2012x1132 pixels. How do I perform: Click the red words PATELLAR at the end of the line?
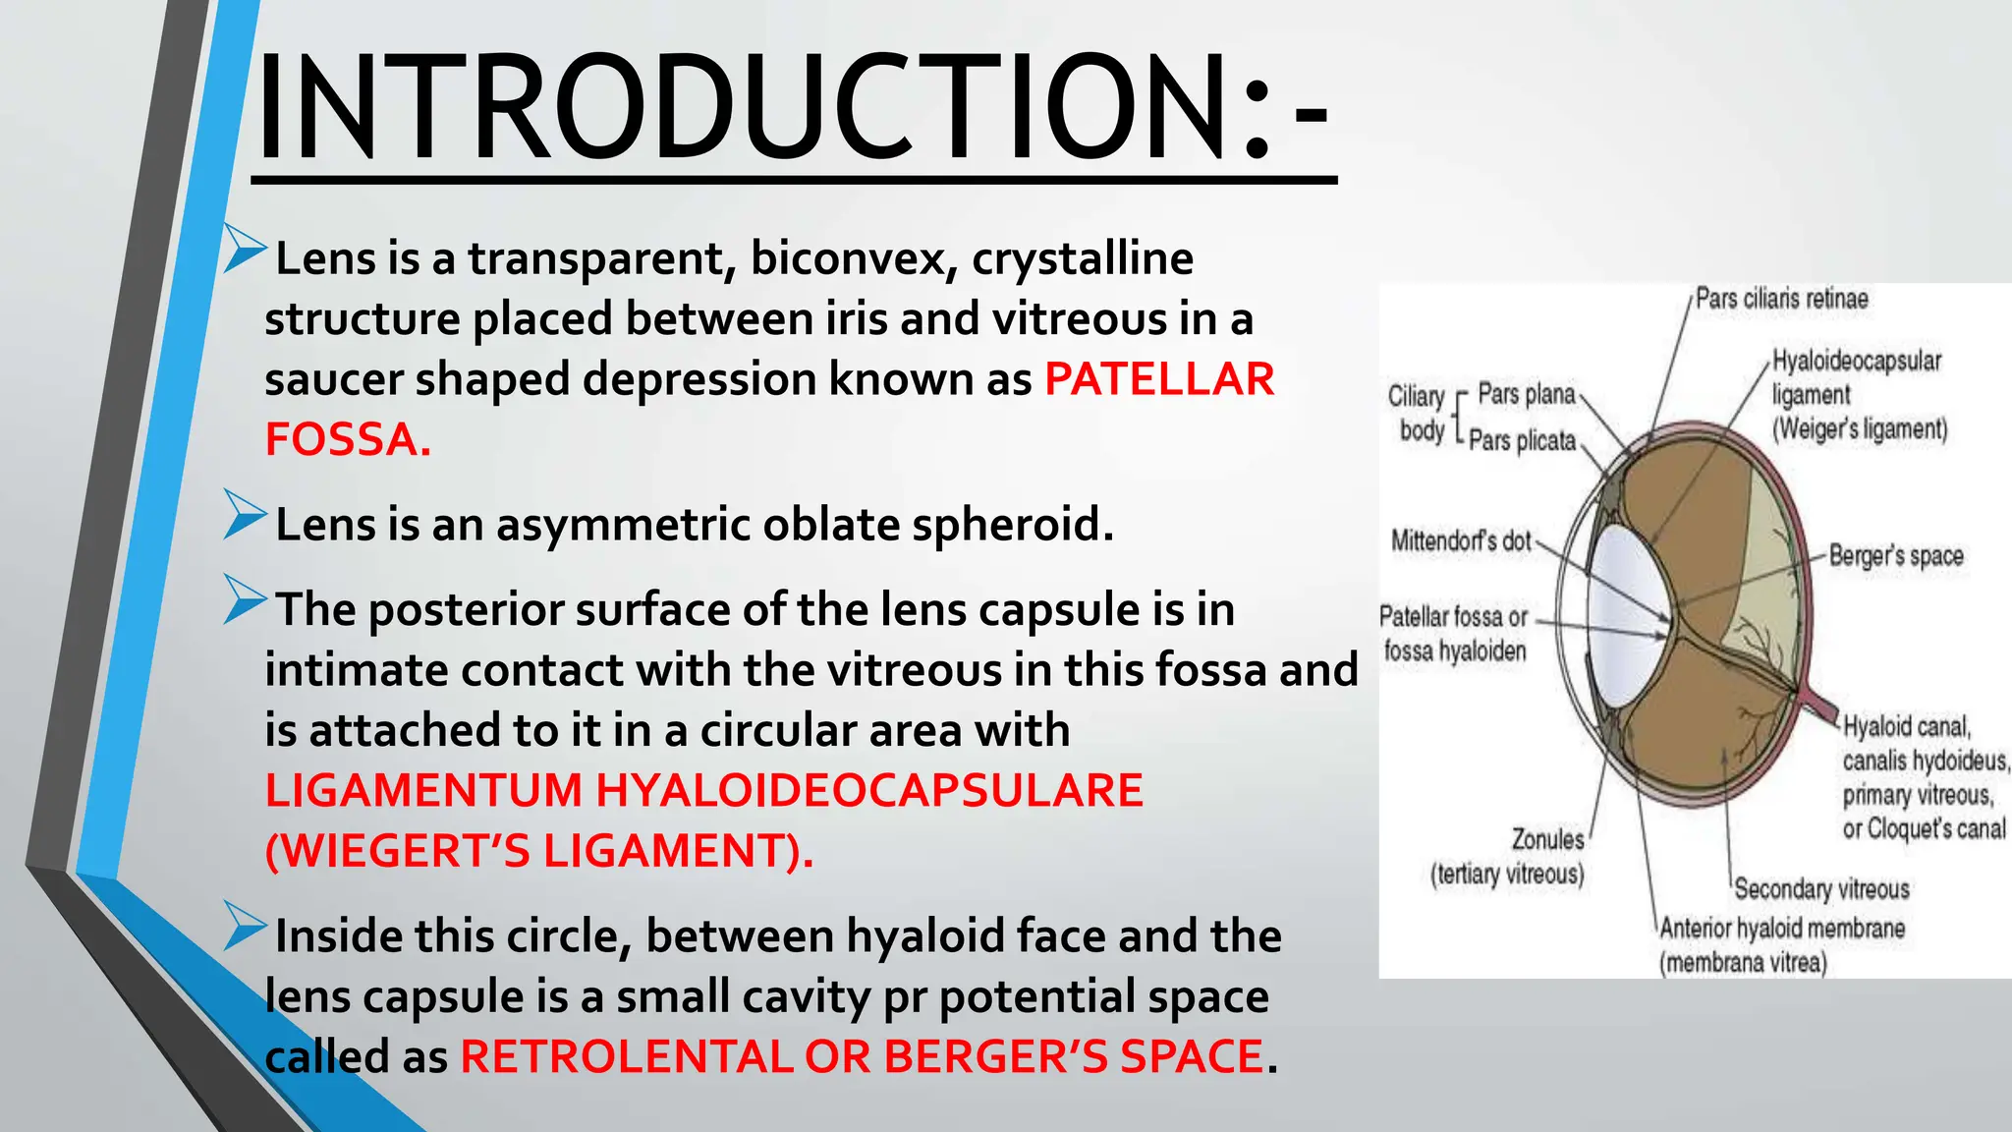1158,379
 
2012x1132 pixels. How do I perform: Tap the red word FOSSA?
348,439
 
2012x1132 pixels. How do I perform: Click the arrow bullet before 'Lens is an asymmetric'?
245,514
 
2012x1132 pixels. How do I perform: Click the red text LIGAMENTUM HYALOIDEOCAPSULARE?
703,791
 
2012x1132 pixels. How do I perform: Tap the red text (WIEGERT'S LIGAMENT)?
539,851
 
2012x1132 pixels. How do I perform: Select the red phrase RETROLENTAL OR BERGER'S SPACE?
862,1057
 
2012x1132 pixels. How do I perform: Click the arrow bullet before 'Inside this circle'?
245,926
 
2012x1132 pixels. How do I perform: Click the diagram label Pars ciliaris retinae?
1781,299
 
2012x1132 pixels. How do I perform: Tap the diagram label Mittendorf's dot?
1461,540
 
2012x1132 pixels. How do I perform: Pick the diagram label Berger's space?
1895,556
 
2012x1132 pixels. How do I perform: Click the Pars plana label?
1526,394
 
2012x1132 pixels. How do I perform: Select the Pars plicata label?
1522,441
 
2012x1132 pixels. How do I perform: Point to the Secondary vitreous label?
1821,889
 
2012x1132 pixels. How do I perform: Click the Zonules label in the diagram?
1547,840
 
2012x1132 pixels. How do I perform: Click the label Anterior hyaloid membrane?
1782,929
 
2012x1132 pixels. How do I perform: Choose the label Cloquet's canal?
1924,829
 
